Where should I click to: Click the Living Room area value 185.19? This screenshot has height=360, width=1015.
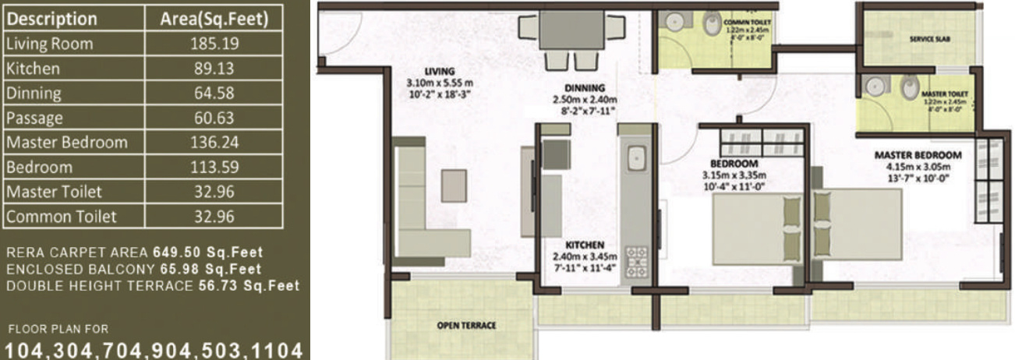(213, 44)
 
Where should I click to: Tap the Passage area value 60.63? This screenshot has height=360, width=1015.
(213, 118)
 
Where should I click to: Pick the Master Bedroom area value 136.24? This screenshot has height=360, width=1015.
(213, 143)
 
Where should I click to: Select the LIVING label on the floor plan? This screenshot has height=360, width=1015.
(440, 71)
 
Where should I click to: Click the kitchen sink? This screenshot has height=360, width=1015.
(636, 158)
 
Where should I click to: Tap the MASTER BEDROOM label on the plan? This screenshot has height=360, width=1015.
(918, 155)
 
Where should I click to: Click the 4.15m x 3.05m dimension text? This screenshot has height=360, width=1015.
(918, 166)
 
